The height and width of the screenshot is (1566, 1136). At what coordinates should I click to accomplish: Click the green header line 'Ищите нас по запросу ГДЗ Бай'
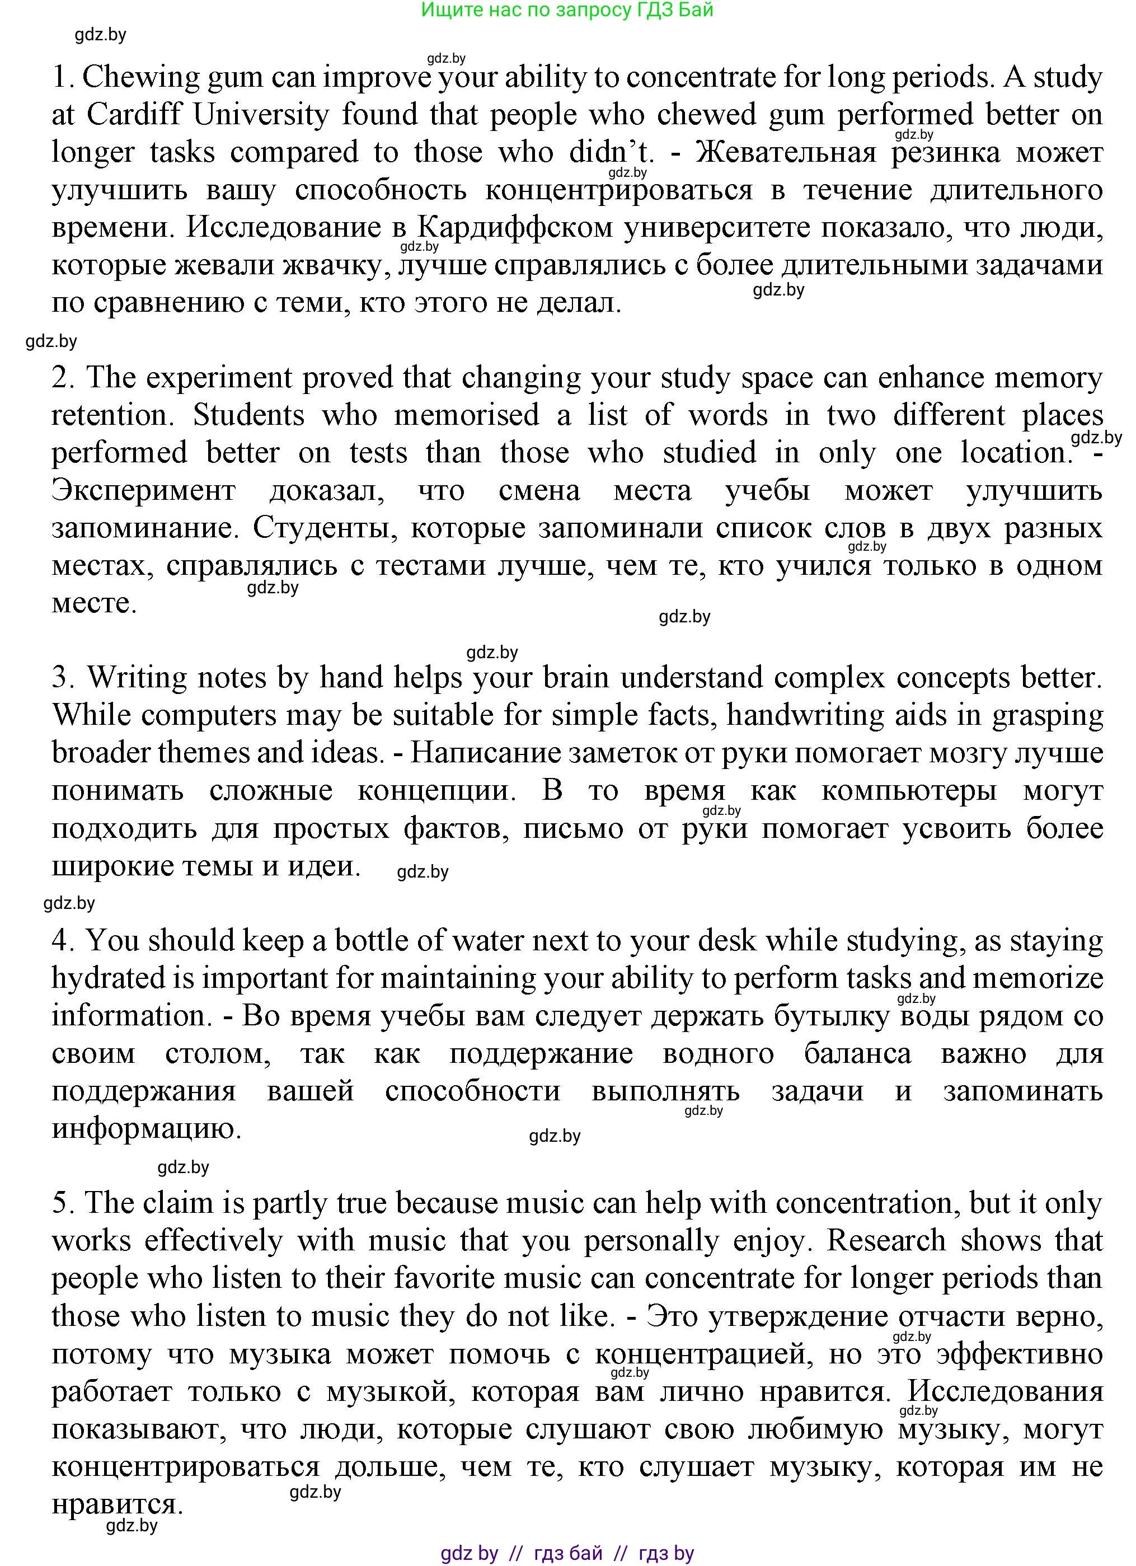point(567,11)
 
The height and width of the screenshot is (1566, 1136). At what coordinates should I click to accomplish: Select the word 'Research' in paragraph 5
point(886,1241)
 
